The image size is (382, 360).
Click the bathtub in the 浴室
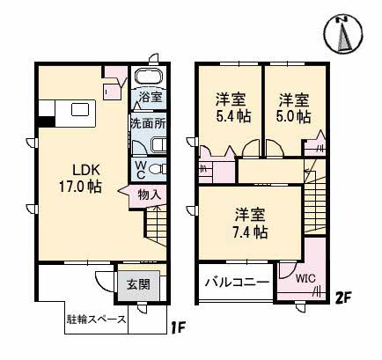[x=149, y=77]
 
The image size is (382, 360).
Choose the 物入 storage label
[x=150, y=195]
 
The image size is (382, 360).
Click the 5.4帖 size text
[x=231, y=115]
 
